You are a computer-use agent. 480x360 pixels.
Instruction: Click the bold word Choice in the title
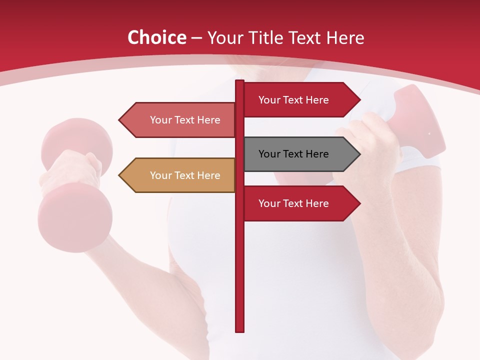[156, 38]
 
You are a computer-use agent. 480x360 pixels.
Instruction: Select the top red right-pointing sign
[300, 100]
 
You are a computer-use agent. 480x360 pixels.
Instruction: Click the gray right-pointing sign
[300, 154]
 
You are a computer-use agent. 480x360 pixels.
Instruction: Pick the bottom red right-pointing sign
[300, 203]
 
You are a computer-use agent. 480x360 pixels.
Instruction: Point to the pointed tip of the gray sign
[359, 154]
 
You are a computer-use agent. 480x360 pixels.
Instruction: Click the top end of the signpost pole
[240, 81]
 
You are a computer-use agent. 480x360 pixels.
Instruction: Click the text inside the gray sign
[293, 154]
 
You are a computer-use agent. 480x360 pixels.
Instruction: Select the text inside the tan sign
[185, 175]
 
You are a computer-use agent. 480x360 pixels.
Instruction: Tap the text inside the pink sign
[185, 120]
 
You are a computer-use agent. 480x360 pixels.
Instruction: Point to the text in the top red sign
[293, 100]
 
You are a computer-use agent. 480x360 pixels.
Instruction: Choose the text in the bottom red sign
[293, 203]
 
